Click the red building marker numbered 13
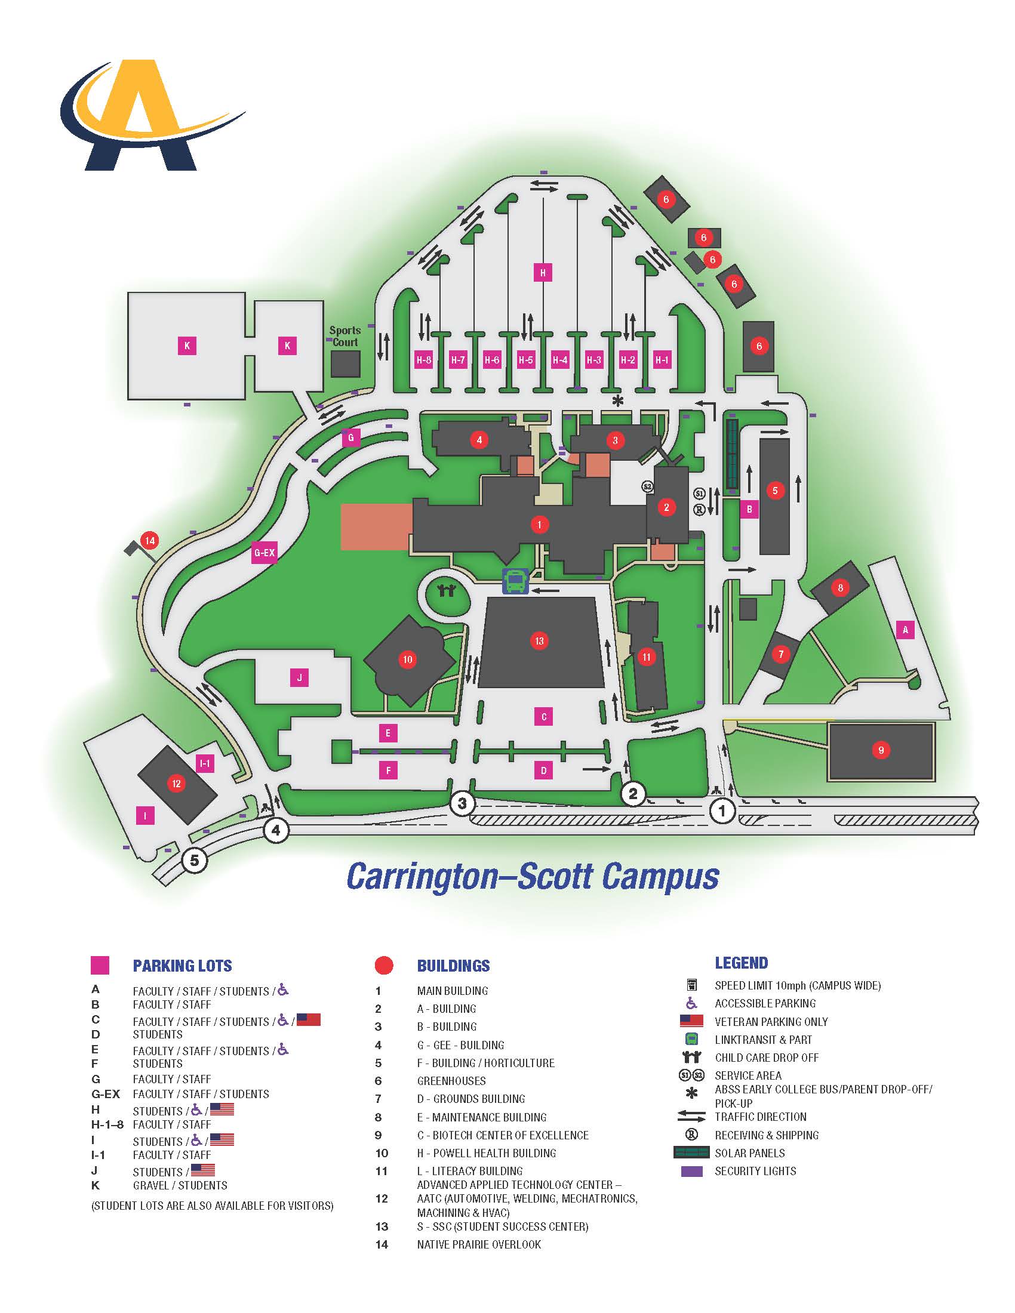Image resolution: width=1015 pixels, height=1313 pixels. click(x=539, y=641)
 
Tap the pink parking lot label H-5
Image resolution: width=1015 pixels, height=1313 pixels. click(x=525, y=360)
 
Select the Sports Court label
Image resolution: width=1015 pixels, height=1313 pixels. click(x=345, y=336)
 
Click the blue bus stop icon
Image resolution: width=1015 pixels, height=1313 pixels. click(x=515, y=581)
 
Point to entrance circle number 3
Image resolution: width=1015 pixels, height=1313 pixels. click(x=462, y=803)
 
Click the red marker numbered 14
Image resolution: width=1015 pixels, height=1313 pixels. click(x=150, y=541)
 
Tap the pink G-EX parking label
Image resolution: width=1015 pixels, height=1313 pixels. click(x=264, y=553)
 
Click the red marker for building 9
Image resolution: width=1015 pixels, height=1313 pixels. click(x=881, y=750)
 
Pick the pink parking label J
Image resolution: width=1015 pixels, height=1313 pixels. click(x=300, y=678)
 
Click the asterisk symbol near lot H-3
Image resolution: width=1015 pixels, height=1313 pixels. click(x=617, y=400)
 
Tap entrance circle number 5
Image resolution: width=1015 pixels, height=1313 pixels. click(x=194, y=861)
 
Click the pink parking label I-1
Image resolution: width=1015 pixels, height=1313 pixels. click(x=205, y=764)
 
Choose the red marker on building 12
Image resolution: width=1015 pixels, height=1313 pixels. click(x=176, y=784)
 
